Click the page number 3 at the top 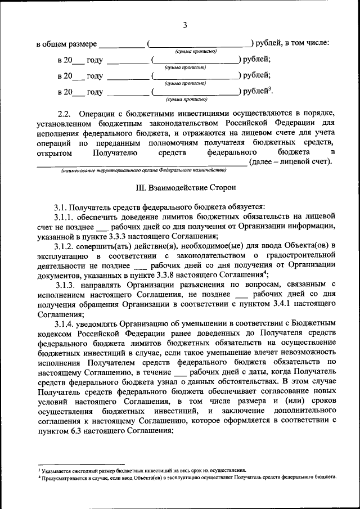184,24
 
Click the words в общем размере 67,44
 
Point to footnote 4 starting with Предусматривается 186,477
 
